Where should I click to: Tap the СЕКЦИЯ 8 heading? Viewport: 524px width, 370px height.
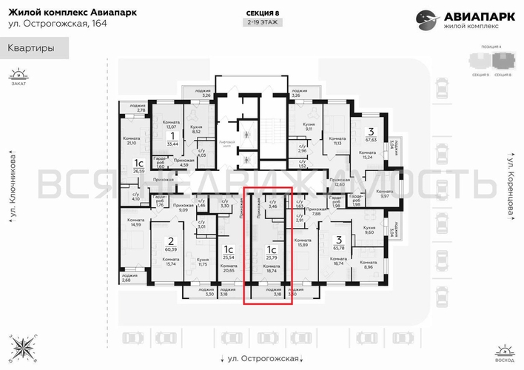264,13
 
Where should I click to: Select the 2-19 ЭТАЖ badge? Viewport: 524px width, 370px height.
264,23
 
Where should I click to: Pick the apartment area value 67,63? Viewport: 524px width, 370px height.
372,137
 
